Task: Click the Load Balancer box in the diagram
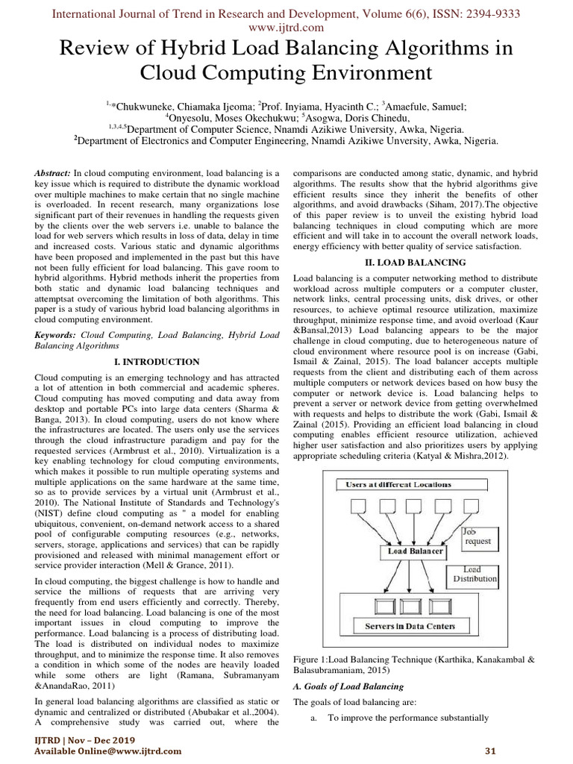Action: [x=416, y=551]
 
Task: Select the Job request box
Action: [x=477, y=536]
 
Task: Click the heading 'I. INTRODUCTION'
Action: [x=157, y=362]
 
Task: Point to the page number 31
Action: [x=490, y=750]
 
